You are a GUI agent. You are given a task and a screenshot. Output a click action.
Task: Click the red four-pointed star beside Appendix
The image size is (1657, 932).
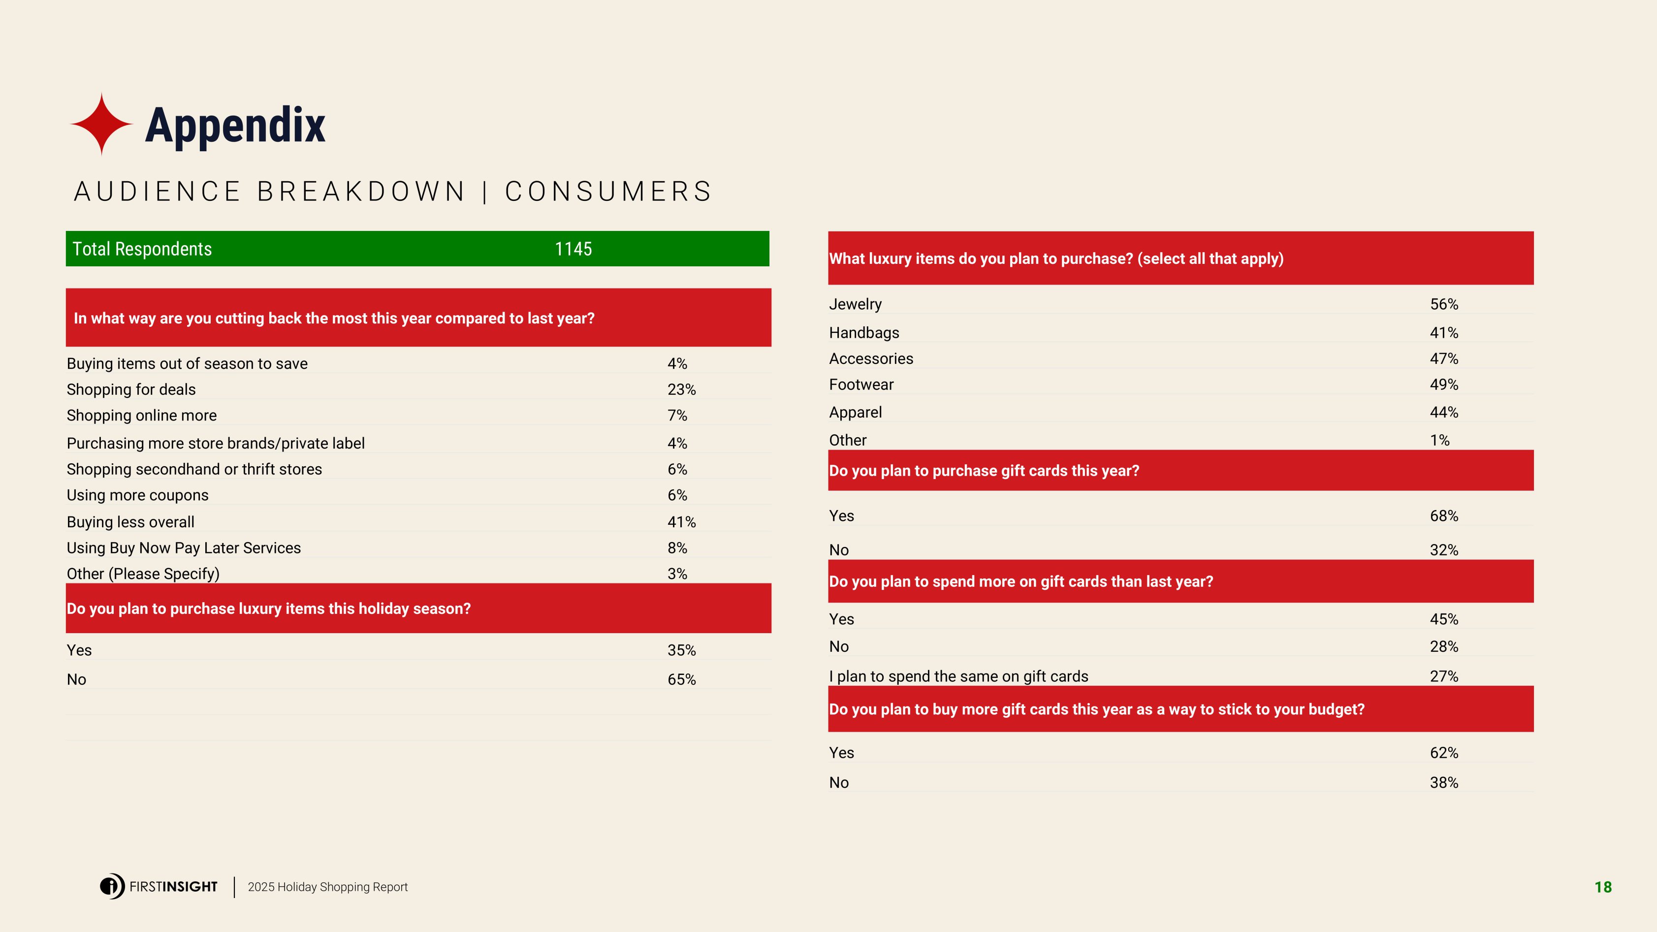pyautogui.click(x=101, y=124)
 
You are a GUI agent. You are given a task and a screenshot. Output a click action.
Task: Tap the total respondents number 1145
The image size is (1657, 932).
pyautogui.click(x=573, y=249)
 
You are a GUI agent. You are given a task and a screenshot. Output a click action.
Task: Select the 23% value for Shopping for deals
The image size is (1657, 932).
pyautogui.click(x=681, y=389)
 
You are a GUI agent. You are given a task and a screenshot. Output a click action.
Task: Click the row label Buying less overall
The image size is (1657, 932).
pyautogui.click(x=130, y=522)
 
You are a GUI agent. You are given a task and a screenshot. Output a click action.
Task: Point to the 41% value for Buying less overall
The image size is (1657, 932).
pyautogui.click(x=681, y=522)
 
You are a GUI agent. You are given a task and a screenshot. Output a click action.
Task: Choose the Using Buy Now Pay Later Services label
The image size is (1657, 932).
pyautogui.click(x=184, y=547)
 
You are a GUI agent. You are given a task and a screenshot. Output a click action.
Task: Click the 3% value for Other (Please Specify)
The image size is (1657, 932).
pyautogui.click(x=677, y=573)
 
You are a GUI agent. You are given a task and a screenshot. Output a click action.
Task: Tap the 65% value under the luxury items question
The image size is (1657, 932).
pyautogui.click(x=681, y=679)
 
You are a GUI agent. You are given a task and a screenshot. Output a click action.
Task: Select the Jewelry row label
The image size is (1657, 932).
pyautogui.click(x=856, y=304)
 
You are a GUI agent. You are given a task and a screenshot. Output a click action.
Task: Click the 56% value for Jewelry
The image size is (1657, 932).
pyautogui.click(x=1444, y=304)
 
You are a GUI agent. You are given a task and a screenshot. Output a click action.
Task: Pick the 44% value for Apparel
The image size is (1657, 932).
pyautogui.click(x=1444, y=412)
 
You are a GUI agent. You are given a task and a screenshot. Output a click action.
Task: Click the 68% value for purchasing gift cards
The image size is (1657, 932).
pyautogui.click(x=1444, y=516)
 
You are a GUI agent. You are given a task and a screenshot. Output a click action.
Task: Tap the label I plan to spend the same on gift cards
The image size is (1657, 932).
pyautogui.click(x=958, y=676)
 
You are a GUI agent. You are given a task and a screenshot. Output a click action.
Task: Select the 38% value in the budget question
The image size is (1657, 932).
pyautogui.click(x=1444, y=783)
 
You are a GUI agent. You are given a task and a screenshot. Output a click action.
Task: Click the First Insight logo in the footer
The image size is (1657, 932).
pyautogui.click(x=159, y=886)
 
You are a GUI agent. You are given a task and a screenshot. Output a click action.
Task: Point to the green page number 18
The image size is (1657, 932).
pyautogui.click(x=1603, y=887)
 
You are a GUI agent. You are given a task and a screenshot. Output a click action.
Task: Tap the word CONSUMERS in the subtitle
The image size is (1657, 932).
pyautogui.click(x=608, y=191)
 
